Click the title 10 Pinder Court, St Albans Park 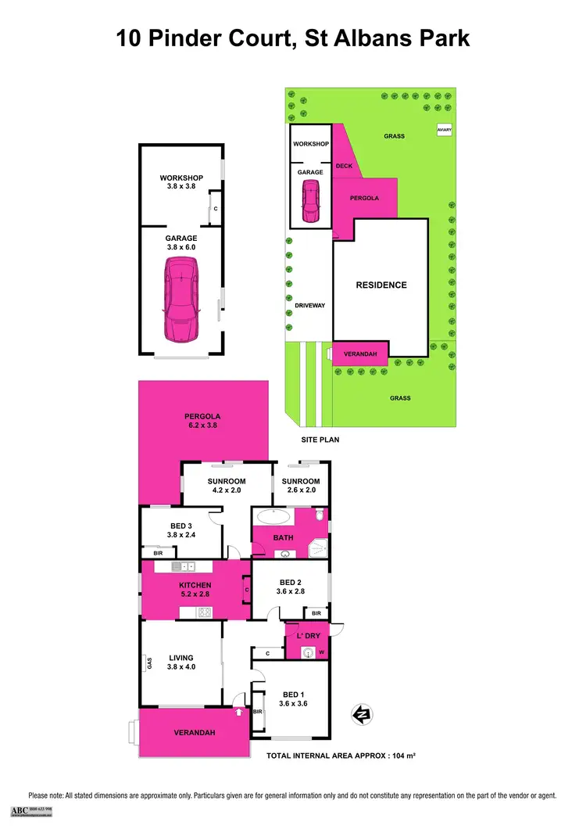tap(293, 37)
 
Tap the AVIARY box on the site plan tap(445, 130)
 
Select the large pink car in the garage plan tap(180, 300)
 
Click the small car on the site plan tap(310, 201)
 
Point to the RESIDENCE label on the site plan tap(381, 285)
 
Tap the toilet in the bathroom tap(320, 516)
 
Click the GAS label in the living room tap(148, 662)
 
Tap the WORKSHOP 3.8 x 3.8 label tap(180, 182)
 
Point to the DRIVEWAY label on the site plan tap(309, 305)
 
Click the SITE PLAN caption tap(320, 440)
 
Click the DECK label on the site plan tap(344, 166)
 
